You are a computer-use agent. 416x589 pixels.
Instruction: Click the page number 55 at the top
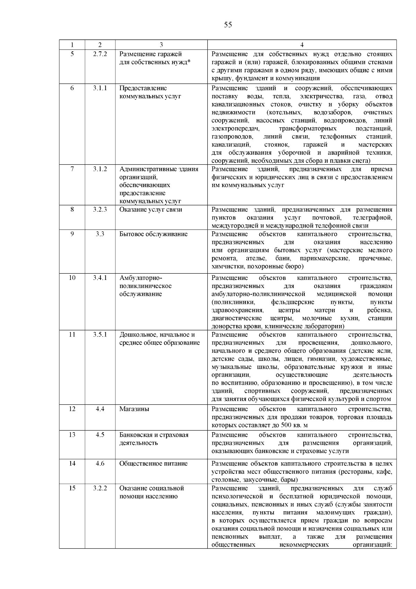pyautogui.click(x=228, y=25)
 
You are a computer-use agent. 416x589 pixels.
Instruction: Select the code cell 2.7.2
pyautogui.click(x=100, y=54)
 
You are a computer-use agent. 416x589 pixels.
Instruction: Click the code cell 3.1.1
pyautogui.click(x=100, y=88)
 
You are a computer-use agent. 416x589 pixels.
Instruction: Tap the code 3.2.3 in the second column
pyautogui.click(x=100, y=209)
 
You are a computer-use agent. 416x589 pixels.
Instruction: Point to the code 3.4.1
pyautogui.click(x=100, y=278)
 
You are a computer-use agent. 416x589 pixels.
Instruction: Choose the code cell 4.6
pyautogui.click(x=100, y=463)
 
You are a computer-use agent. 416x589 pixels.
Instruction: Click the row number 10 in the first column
pyautogui.click(x=72, y=278)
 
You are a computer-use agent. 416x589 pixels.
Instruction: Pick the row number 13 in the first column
pyautogui.click(x=72, y=435)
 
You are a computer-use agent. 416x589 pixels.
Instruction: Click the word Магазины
pyautogui.click(x=134, y=409)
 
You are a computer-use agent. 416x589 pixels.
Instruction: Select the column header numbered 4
pyautogui.click(x=302, y=45)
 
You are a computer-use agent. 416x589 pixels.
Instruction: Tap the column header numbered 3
pyautogui.click(x=161, y=45)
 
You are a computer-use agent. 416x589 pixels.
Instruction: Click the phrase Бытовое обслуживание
pyautogui.click(x=153, y=234)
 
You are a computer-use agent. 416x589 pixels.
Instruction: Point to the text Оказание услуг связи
pyautogui.click(x=151, y=209)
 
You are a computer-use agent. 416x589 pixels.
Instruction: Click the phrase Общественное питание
pyautogui.click(x=154, y=463)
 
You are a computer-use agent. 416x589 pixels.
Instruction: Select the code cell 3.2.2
pyautogui.click(x=100, y=488)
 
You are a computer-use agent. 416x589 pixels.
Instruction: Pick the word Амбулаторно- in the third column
pyautogui.click(x=141, y=278)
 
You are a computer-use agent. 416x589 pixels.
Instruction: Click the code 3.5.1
pyautogui.click(x=100, y=334)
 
